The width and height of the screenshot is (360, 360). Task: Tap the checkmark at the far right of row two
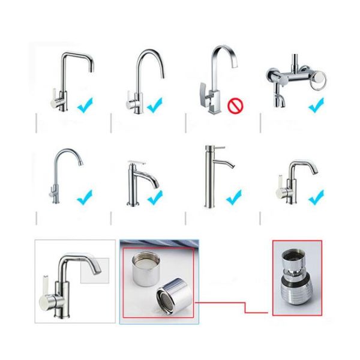[316, 196]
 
